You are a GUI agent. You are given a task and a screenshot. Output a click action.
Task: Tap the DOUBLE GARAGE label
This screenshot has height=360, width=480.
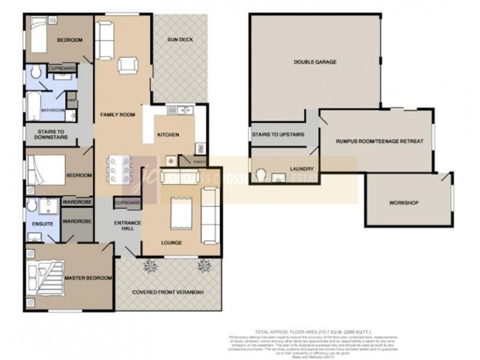click(x=314, y=62)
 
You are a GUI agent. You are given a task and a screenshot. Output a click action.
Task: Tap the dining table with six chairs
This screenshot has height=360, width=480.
click(x=118, y=169)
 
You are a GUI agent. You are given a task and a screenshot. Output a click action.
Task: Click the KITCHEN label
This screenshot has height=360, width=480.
click(x=167, y=135)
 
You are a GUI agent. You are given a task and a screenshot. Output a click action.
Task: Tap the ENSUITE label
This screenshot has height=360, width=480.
click(x=37, y=223)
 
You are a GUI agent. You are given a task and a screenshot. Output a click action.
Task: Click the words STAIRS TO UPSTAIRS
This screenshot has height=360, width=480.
click(x=278, y=135)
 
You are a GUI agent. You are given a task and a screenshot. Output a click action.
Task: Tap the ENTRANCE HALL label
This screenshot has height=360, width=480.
click(x=127, y=227)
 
